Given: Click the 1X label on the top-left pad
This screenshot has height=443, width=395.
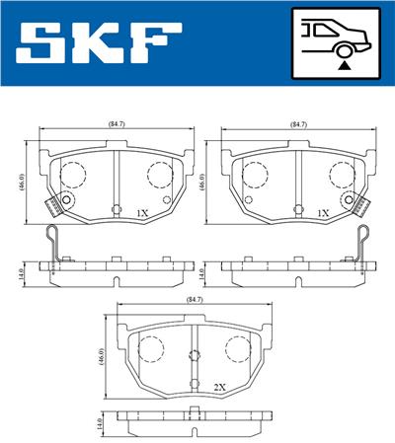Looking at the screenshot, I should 141,212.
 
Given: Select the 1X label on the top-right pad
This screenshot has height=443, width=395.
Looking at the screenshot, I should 323,212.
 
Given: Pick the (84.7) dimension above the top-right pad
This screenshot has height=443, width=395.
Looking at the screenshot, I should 298,124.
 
